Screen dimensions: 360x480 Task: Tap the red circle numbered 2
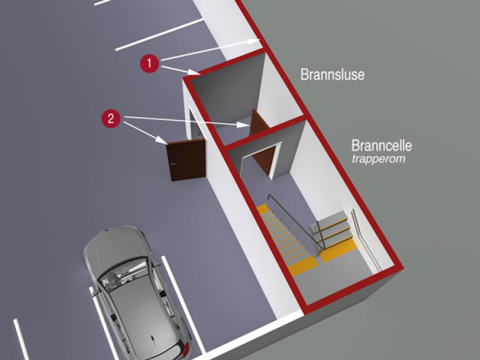111,119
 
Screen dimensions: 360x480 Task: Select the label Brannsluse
332,75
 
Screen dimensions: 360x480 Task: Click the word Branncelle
381,146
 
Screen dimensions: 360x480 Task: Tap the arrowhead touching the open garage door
167,142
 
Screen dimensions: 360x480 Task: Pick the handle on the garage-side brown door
173,164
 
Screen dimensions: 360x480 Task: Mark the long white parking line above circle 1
159,34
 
